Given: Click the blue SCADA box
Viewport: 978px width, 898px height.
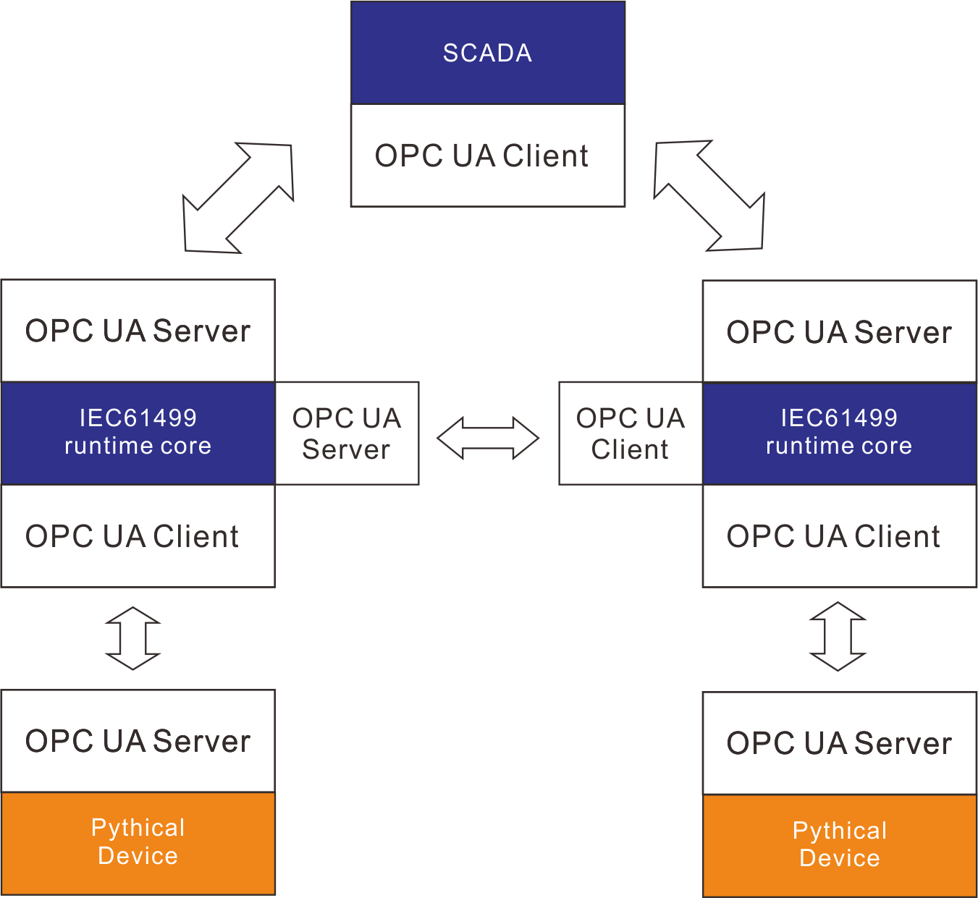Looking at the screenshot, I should pyautogui.click(x=487, y=53).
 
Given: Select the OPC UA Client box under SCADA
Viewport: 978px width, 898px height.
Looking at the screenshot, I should pyautogui.click(x=487, y=156).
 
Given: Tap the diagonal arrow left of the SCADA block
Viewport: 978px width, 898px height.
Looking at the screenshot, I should pyautogui.click(x=238, y=198).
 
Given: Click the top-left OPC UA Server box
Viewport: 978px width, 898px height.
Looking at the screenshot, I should pyautogui.click(x=138, y=331).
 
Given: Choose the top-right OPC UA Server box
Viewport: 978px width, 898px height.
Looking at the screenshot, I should pyautogui.click(x=839, y=331).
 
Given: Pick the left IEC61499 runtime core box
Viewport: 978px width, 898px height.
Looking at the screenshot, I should pyautogui.click(x=138, y=433).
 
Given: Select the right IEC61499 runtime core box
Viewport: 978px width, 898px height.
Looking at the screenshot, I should pyautogui.click(x=839, y=433).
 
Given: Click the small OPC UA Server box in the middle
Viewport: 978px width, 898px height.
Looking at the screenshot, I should pyautogui.click(x=347, y=433).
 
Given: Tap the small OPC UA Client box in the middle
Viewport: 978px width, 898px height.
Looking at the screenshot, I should pyautogui.click(x=630, y=433).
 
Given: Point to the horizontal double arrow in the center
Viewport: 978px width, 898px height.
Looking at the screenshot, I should pyautogui.click(x=488, y=438).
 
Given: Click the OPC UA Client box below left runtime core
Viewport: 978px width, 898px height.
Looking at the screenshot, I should pyautogui.click(x=138, y=536).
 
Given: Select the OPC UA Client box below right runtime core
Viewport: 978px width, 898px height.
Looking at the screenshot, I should pyautogui.click(x=839, y=536).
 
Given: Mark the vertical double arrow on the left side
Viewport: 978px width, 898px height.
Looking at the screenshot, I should pyautogui.click(x=133, y=638).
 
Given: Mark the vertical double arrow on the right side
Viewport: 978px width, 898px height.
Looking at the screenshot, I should pyautogui.click(x=838, y=637).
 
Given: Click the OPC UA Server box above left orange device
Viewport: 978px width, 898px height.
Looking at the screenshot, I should pyautogui.click(x=138, y=741).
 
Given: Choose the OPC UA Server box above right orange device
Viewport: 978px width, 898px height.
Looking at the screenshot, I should pyautogui.click(x=839, y=743).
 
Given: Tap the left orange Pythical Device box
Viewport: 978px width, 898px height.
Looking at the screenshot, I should pyautogui.click(x=138, y=843).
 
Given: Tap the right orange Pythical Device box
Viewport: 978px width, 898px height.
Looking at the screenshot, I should pyautogui.click(x=839, y=845).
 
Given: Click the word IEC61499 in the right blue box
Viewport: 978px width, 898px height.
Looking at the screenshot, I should pyautogui.click(x=839, y=418).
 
